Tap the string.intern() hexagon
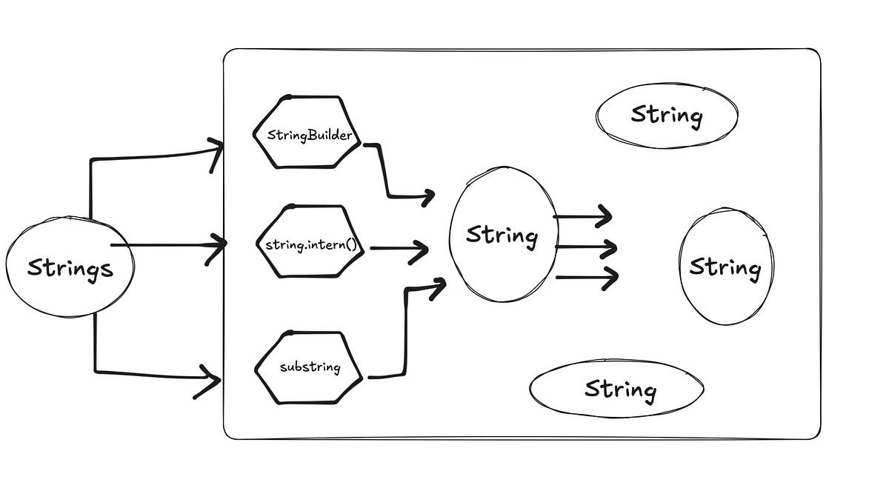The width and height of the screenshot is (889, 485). [x=310, y=243]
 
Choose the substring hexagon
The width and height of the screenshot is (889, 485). [x=310, y=367]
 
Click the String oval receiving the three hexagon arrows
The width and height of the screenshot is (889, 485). [x=502, y=235]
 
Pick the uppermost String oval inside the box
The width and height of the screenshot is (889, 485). [x=666, y=115]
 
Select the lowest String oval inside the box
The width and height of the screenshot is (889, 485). [x=616, y=389]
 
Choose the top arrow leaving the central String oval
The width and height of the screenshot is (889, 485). [x=584, y=217]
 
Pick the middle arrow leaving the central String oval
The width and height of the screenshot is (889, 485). [x=585, y=247]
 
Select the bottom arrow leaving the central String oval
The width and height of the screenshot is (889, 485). [x=587, y=278]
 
